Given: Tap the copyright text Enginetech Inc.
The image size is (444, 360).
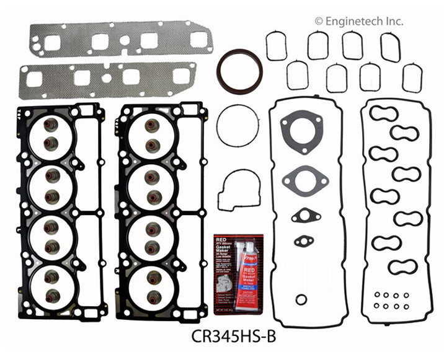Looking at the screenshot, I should [x=358, y=21].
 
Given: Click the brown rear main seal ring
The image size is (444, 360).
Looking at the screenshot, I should [x=240, y=72].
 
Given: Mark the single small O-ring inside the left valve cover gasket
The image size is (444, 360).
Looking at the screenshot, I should [x=301, y=300].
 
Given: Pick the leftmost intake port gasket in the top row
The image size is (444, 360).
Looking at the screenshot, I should [x=276, y=46].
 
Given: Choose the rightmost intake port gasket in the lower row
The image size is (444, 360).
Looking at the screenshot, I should [x=412, y=78].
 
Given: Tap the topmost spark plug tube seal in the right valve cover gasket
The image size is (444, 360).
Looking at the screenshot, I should [x=383, y=113].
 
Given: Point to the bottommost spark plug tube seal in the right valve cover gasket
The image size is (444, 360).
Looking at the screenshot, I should [x=402, y=267].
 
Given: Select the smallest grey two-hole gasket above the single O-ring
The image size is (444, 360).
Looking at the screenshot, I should [x=303, y=241].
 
